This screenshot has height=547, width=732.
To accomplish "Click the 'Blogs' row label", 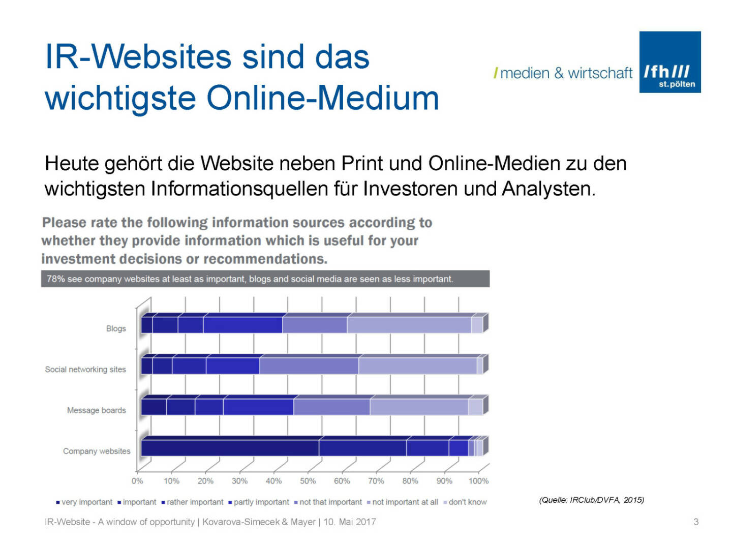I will (x=116, y=328).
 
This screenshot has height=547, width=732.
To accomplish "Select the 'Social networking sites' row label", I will (x=85, y=370).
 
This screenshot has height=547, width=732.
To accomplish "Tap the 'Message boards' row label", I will (x=96, y=410).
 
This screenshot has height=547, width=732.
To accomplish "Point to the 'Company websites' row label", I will (x=97, y=451).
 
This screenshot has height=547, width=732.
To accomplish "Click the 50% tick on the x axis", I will (x=308, y=481).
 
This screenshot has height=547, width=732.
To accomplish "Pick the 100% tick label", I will (x=478, y=481).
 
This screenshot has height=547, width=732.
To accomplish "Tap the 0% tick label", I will (x=137, y=481).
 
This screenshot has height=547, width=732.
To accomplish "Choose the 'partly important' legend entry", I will (x=261, y=502).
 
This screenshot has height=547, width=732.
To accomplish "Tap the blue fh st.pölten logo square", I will (x=669, y=62).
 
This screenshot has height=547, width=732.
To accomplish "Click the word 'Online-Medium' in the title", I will (x=323, y=98).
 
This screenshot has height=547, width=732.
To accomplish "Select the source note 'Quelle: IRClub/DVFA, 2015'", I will (x=591, y=500).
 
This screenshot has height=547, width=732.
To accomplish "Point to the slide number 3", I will (x=696, y=522).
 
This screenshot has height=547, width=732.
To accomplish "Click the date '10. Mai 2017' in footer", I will (x=350, y=522).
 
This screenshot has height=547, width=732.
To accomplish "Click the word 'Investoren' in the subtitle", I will (x=411, y=189).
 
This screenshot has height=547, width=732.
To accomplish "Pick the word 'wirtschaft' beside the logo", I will (x=600, y=73).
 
